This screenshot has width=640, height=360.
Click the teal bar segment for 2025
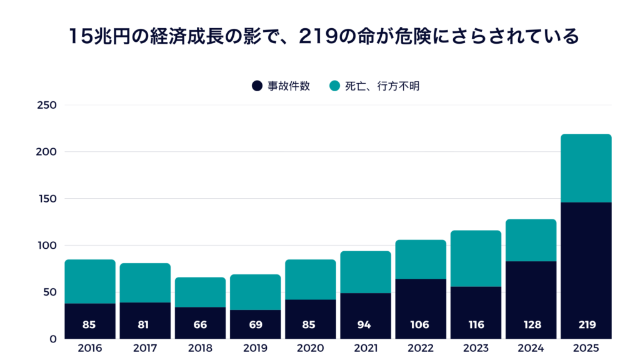[x=586, y=168]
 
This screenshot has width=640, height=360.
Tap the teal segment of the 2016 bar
[x=90, y=281]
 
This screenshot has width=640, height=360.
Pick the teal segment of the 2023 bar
[x=476, y=258]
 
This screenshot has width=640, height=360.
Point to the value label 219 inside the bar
[x=586, y=325]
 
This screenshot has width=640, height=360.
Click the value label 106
[x=421, y=325]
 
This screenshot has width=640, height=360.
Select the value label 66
[x=200, y=325]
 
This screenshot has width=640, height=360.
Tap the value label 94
[x=366, y=325]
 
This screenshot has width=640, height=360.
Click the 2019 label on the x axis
[x=255, y=348]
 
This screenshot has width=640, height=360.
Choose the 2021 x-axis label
[x=366, y=348]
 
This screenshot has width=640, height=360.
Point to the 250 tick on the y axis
[x=47, y=105]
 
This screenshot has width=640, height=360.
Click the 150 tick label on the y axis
[x=47, y=199]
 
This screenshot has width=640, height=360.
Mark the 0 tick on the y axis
[x=53, y=339]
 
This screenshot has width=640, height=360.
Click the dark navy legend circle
[x=257, y=86]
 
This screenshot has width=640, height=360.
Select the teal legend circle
[x=334, y=86]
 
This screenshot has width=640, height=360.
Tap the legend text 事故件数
[x=289, y=86]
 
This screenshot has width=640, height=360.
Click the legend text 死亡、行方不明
[x=382, y=86]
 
